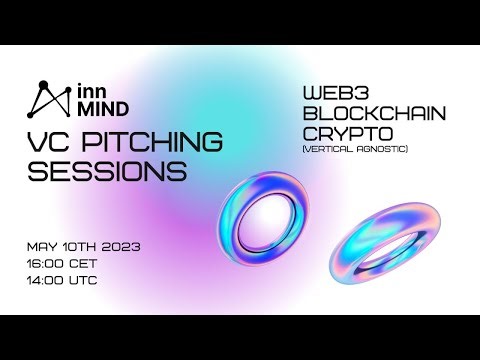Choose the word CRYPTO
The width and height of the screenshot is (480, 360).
click(x=341, y=134)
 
